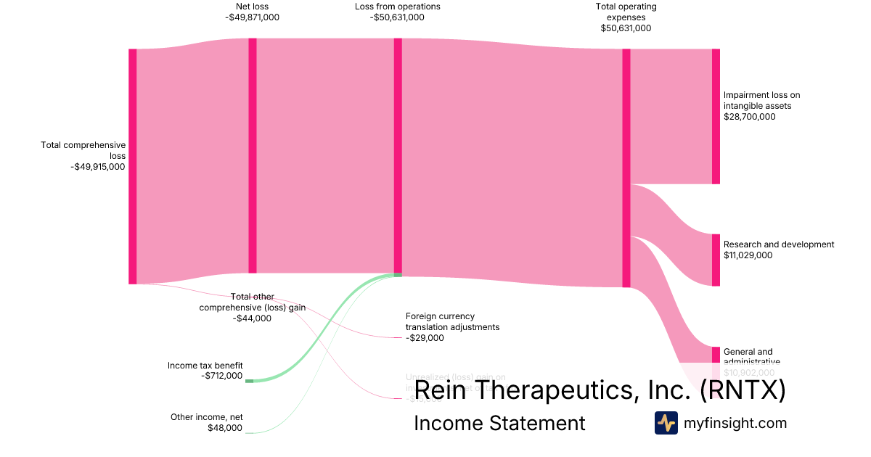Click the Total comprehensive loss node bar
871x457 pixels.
click(133, 166)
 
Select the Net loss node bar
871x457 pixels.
click(253, 155)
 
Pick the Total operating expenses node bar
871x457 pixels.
click(626, 168)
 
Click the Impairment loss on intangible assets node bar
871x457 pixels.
click(716, 116)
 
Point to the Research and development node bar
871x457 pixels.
click(716, 260)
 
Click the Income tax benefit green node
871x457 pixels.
click(249, 381)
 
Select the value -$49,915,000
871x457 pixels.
click(98, 166)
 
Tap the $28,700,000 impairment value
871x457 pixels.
click(750, 116)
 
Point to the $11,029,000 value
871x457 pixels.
click(748, 255)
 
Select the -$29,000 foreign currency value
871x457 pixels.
click(425, 337)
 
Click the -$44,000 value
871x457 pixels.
click(253, 318)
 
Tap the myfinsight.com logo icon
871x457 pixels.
click(666, 423)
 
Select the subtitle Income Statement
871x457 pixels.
click(499, 423)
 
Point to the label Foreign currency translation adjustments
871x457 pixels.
click(452, 321)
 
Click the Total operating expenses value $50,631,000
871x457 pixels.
click(626, 28)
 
